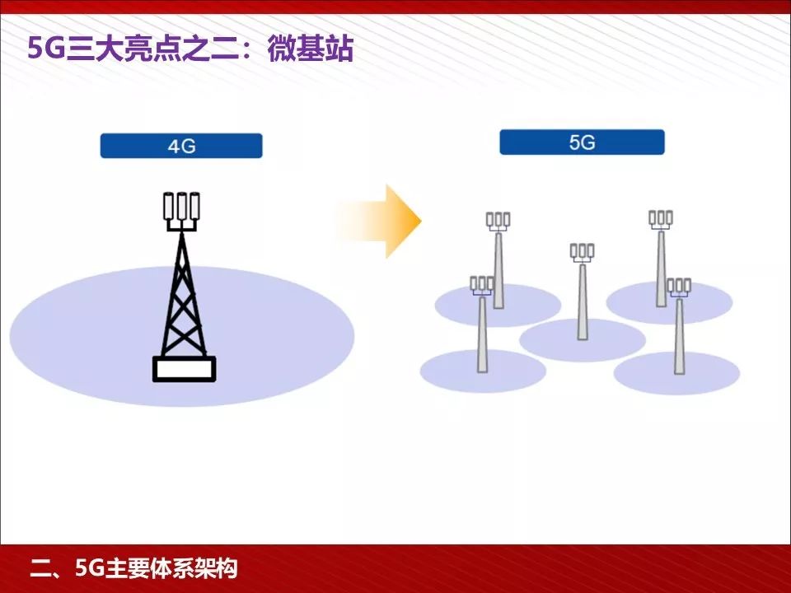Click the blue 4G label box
181,146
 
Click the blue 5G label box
582,142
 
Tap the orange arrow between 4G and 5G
388,221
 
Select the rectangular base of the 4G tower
184,368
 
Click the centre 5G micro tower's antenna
582,251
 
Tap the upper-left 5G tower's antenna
498,220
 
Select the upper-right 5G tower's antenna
661,218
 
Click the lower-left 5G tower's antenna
482,284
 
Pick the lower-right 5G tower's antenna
679,287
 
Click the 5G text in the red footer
88,568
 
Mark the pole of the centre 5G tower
583,305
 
